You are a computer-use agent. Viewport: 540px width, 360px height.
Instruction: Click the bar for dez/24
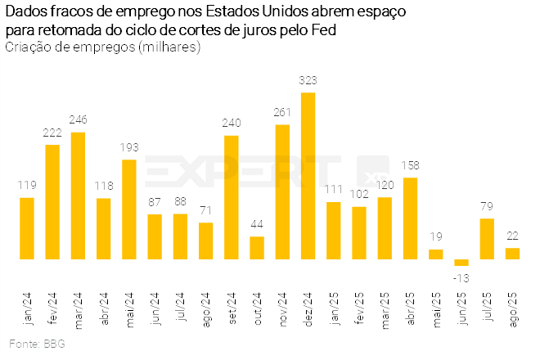(308, 176)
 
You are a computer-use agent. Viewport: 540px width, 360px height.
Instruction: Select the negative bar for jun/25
(461, 263)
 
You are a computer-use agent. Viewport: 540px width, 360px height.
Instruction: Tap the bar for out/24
(257, 248)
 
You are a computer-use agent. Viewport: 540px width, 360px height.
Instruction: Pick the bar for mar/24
(79, 196)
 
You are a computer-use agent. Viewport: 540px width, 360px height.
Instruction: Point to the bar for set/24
(232, 197)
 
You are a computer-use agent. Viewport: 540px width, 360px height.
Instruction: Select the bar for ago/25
(512, 254)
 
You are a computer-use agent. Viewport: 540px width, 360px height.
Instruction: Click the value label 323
(308, 80)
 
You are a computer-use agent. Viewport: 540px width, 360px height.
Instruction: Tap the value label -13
(461, 277)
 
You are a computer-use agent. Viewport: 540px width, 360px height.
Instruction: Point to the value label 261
(282, 112)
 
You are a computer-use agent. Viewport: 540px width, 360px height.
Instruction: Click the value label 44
(257, 224)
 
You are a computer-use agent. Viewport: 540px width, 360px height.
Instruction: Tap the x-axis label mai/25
(437, 308)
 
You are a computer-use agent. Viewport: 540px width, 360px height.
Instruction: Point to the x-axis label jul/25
(488, 308)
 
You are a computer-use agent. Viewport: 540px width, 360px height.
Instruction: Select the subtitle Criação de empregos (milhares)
(102, 47)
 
